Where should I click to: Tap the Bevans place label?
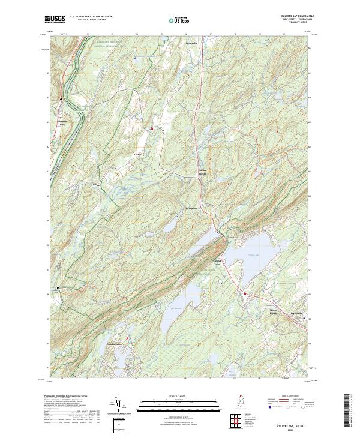coord(94,185)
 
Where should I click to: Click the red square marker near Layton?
coord(152,128)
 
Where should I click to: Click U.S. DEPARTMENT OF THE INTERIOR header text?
coord(91,17)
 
